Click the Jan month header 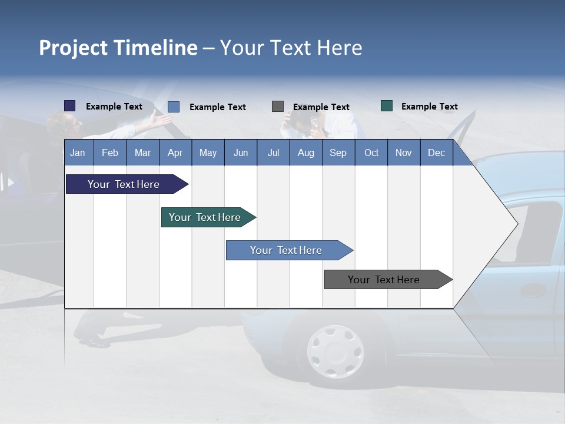coord(78,153)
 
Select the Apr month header coord(175,153)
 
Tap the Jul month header coord(273,153)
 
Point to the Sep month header coord(338,153)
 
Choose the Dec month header coord(436,153)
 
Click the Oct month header coord(371,153)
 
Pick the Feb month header coord(110,153)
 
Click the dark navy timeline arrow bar coord(124,184)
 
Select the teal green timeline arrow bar coord(205,217)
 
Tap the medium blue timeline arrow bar coord(286,250)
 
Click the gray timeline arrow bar coord(384,280)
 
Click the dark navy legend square coord(70,106)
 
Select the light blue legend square coord(174,107)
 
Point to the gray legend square coord(278,106)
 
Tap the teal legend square coord(387,106)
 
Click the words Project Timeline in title coord(118,48)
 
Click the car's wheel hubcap coord(335,352)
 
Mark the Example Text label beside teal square coord(429,107)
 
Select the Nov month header coord(404,153)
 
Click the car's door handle coord(533,290)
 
